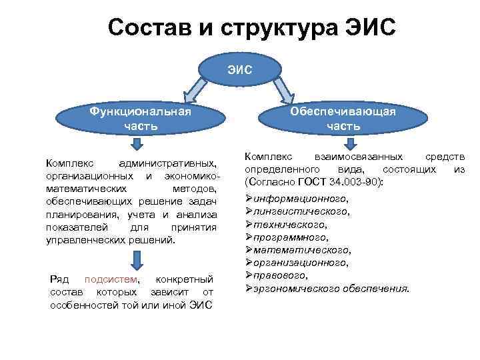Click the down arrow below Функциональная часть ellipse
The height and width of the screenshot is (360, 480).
tap(136, 145)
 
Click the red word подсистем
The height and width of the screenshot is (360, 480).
tap(117, 279)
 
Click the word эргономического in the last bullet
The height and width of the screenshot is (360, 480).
tap(297, 288)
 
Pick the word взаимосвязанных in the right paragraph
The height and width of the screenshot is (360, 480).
tap(361, 157)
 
